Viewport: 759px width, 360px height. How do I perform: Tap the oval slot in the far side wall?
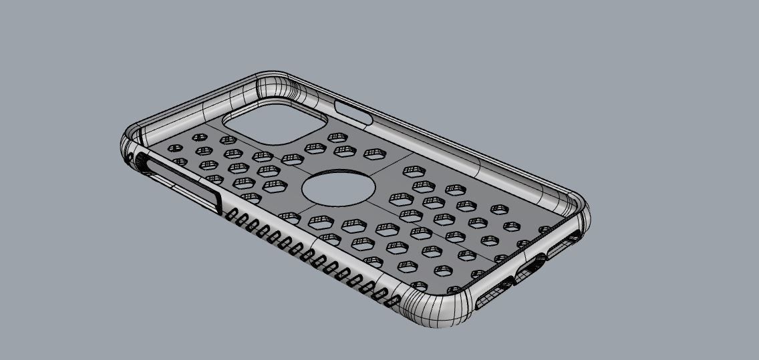(x=354, y=112)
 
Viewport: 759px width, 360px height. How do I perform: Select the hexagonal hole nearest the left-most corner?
(x=174, y=148)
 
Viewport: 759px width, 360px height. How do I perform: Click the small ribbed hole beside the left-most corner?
(x=141, y=160)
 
